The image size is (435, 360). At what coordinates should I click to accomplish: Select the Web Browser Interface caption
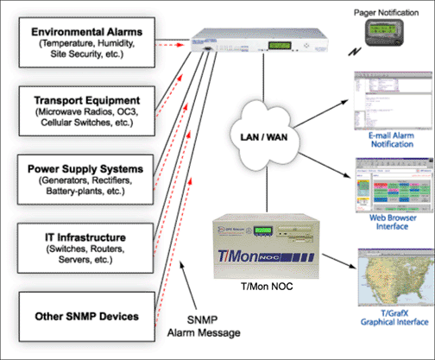coord(387,218)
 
